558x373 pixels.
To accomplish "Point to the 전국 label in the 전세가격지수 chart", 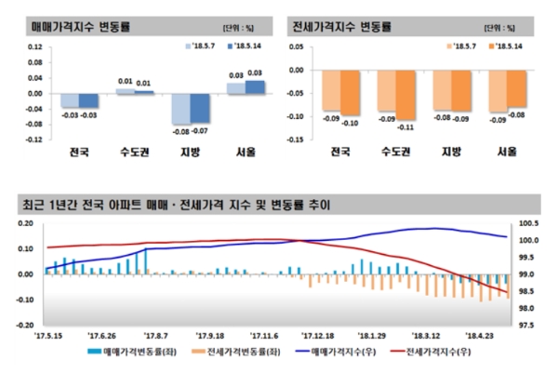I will point(340,151).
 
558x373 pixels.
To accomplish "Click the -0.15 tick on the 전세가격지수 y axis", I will point(299,140).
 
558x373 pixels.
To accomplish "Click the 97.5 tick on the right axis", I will point(526,326).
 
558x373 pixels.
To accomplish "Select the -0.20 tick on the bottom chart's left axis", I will point(22,326).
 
